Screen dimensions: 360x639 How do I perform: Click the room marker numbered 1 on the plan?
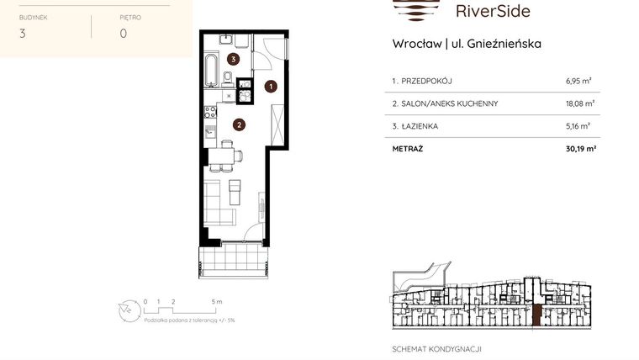271,86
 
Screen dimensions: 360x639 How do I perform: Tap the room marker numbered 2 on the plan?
239,126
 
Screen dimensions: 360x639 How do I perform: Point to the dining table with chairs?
223,155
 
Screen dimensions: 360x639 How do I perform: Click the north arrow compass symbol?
125,310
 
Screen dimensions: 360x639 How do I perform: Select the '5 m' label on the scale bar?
217,301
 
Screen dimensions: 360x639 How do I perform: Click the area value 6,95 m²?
578,82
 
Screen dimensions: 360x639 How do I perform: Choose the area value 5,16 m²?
578,127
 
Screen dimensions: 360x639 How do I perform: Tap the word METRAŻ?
408,149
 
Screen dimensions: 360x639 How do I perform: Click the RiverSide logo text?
493,11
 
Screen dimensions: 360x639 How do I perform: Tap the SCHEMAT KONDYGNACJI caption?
436,349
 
